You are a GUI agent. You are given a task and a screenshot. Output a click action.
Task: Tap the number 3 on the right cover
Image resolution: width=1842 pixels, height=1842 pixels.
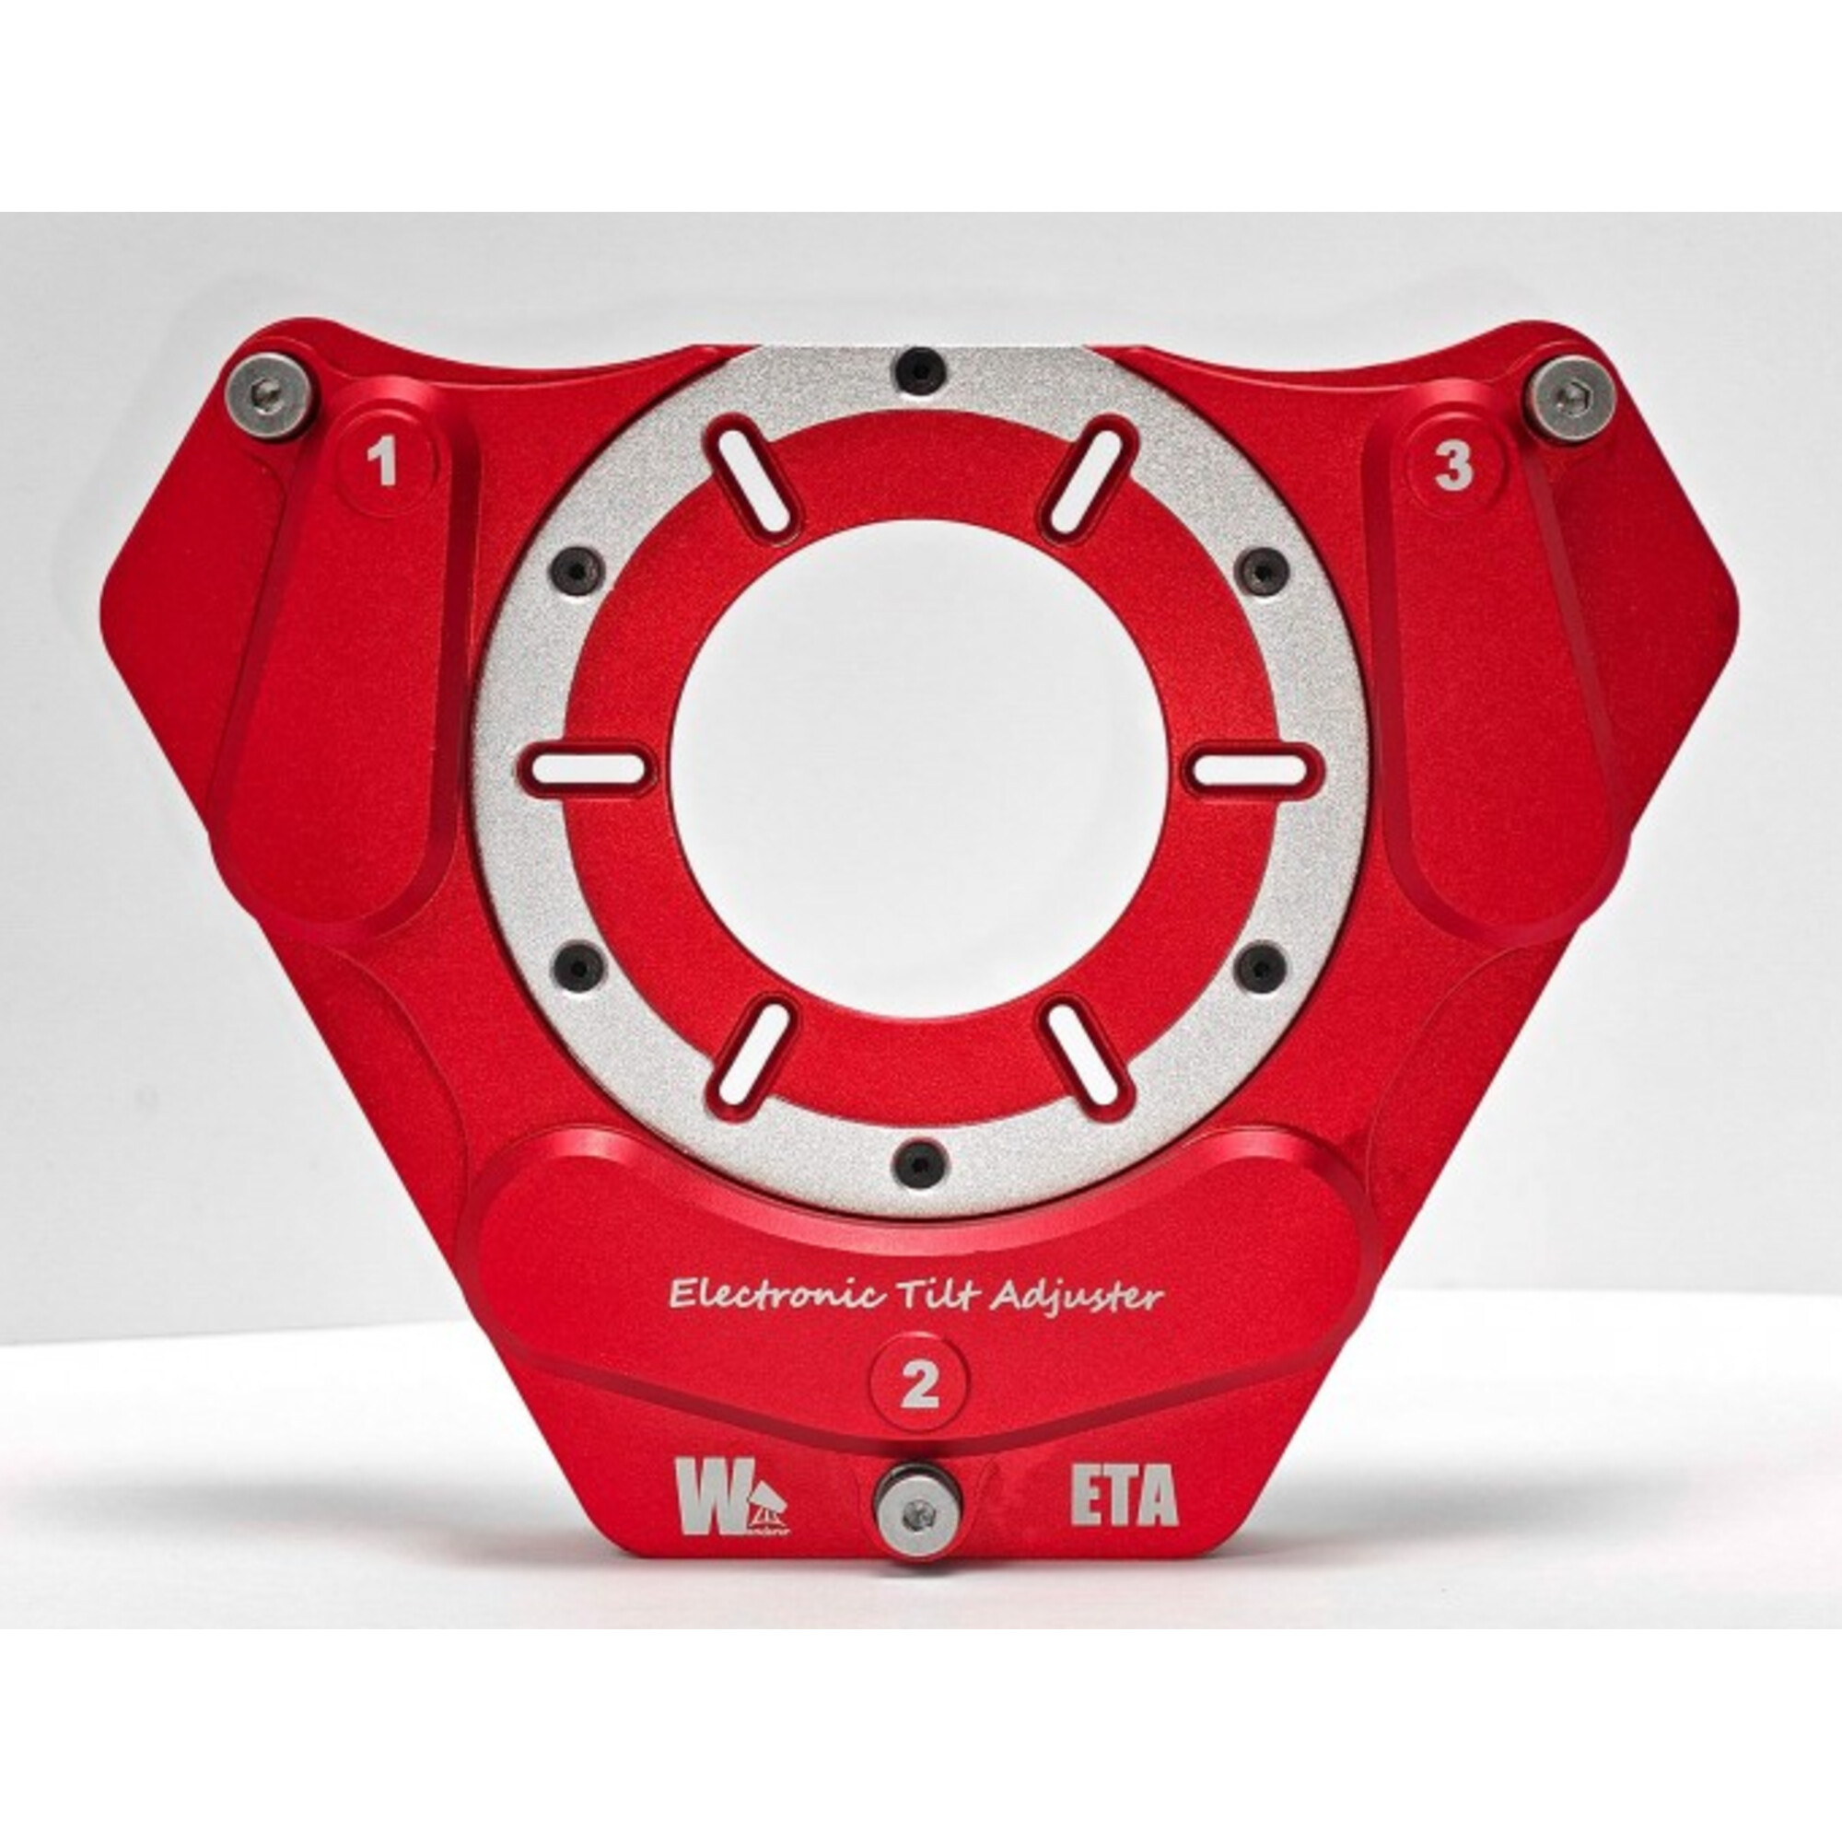(1453, 467)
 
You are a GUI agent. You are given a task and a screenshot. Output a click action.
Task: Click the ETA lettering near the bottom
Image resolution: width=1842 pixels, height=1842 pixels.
(1124, 1499)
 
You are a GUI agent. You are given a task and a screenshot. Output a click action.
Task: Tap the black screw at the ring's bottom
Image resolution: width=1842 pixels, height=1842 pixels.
(920, 1162)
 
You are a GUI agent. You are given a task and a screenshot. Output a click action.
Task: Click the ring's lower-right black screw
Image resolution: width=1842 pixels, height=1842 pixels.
(1261, 966)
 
